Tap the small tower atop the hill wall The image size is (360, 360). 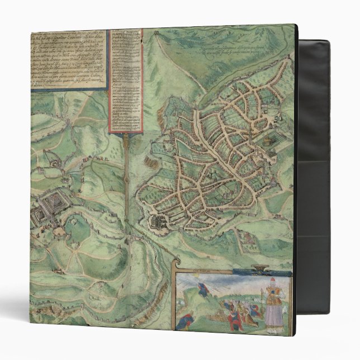[x=51, y=163]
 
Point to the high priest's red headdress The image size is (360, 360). [x=273, y=280]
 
